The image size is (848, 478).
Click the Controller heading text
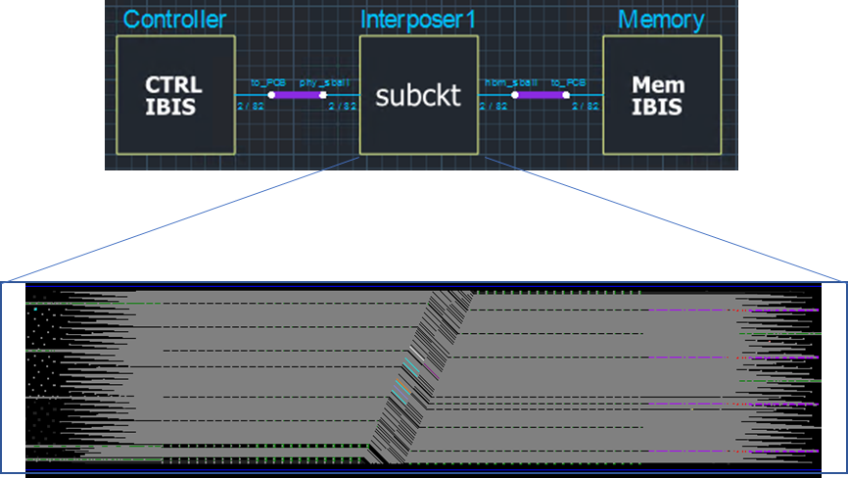175,20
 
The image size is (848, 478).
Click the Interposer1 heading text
419,20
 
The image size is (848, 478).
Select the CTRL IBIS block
175,95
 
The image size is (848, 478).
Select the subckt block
418,95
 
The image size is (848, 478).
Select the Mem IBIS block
661,95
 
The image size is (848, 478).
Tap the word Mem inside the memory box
659,84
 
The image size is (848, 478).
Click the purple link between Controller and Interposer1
297,95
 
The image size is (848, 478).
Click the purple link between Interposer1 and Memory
540,95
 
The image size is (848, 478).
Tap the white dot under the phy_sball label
323,95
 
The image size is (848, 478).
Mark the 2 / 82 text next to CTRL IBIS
248,106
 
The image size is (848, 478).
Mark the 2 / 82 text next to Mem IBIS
586,106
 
